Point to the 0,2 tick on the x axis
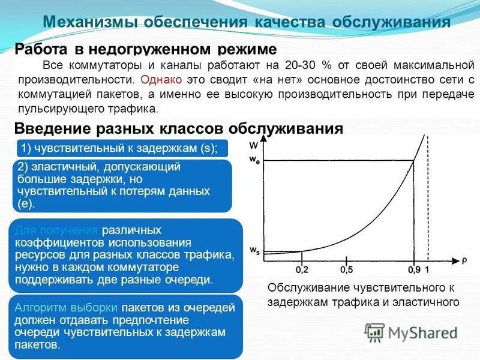pos(301,271)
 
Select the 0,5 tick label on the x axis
pos(346,271)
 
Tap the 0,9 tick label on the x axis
pos(413,271)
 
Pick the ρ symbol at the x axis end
pos(463,261)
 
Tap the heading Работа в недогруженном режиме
pos(146,49)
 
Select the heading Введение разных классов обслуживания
pos(178,128)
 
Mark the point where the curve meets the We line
pos(413,160)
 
